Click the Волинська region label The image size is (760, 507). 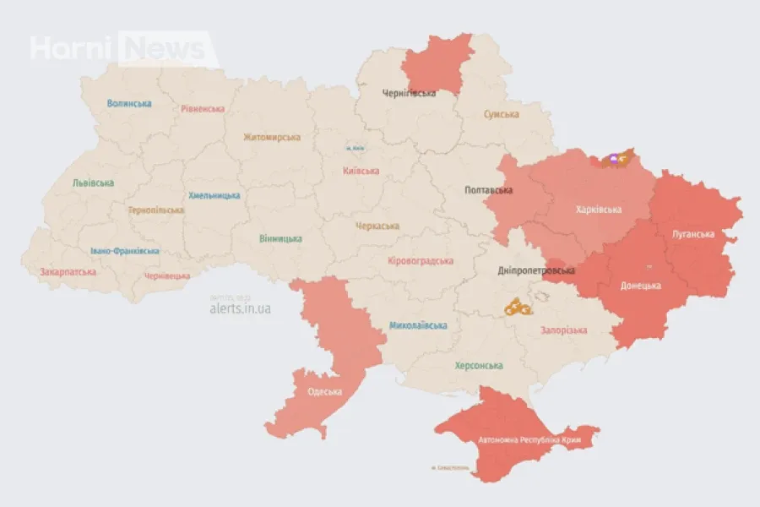[x=129, y=103]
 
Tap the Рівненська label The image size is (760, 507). [x=203, y=109]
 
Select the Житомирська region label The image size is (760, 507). [x=272, y=137]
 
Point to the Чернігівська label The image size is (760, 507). [x=409, y=93]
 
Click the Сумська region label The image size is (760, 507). [x=502, y=114]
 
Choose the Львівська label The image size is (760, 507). [x=93, y=183]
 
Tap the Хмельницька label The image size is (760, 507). [x=214, y=195]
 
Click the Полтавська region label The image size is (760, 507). [x=489, y=190]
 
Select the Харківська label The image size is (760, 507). [x=599, y=210]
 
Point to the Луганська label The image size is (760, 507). [x=693, y=234]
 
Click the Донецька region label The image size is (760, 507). [x=640, y=286]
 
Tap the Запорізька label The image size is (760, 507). [x=563, y=330]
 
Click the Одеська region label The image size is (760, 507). [x=325, y=391]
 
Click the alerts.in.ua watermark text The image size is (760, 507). [x=241, y=309]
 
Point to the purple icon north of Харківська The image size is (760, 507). [x=614, y=158]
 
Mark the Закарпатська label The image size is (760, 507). [x=68, y=272]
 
